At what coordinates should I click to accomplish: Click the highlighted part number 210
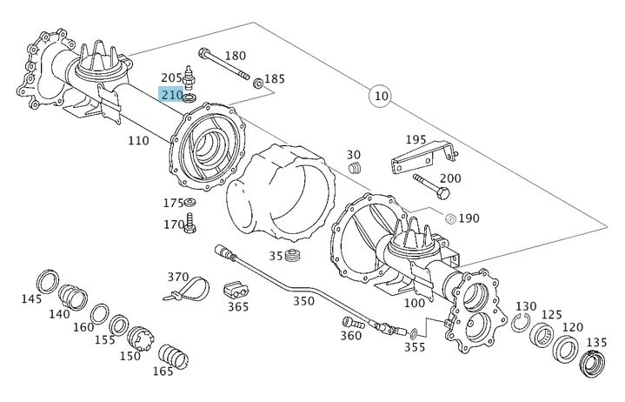(171, 94)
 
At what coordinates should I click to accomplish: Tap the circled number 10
(380, 95)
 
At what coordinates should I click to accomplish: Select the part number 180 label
(235, 56)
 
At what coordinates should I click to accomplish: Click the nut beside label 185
(258, 84)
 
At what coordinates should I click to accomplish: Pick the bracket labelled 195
(422, 161)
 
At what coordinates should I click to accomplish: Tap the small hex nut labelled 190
(450, 217)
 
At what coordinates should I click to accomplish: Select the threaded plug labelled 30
(354, 166)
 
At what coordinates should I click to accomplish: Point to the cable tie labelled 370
(189, 288)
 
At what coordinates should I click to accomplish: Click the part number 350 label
(303, 301)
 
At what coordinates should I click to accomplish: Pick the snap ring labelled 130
(520, 325)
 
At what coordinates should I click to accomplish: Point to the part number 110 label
(138, 141)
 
